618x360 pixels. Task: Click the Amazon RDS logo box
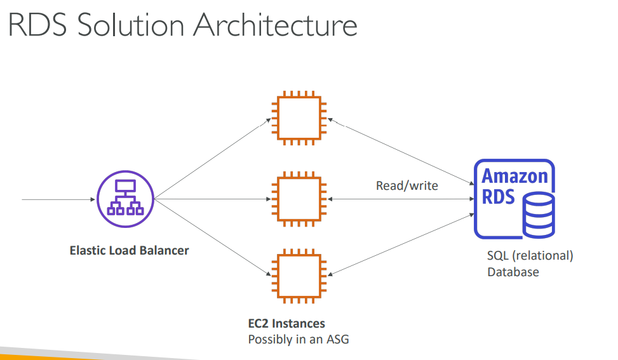pyautogui.click(x=514, y=198)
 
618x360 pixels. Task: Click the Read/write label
pyautogui.click(x=406, y=185)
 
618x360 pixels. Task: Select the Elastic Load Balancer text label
pyautogui.click(x=129, y=250)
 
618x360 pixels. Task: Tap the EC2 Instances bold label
pyautogui.click(x=286, y=323)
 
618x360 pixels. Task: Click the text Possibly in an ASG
pyautogui.click(x=298, y=339)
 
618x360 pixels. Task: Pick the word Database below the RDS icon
pyautogui.click(x=513, y=272)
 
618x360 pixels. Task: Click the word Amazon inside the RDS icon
pyautogui.click(x=514, y=176)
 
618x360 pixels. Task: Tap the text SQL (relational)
pyautogui.click(x=530, y=256)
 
